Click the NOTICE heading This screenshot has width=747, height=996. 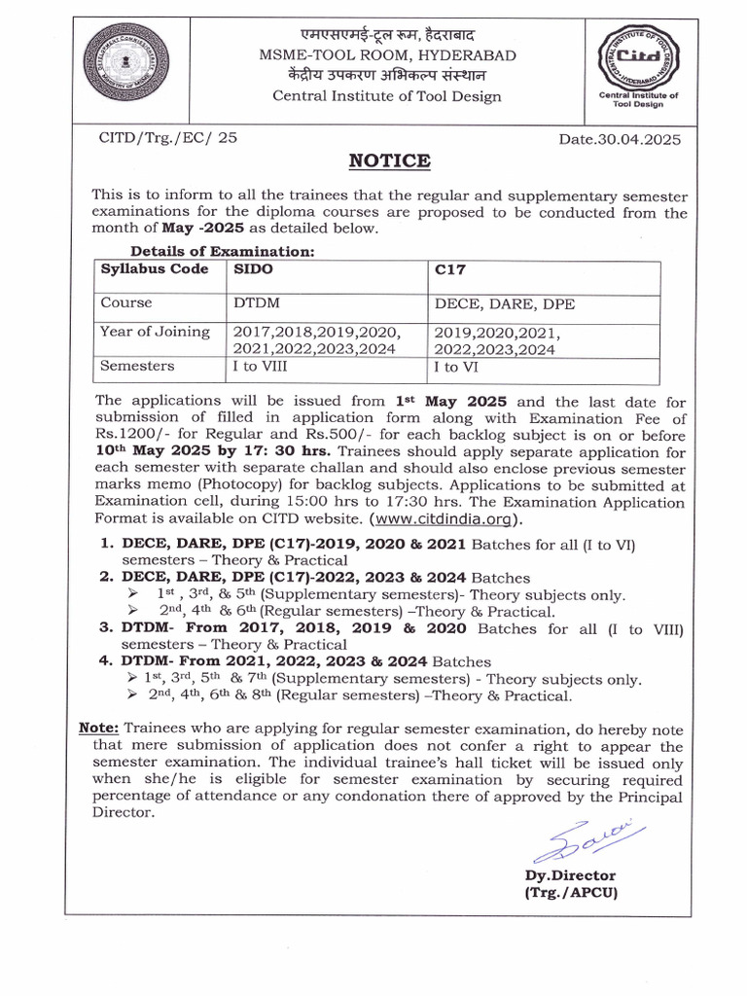click(388, 160)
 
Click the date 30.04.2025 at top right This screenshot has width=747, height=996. click(620, 139)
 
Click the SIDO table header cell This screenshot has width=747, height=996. click(254, 268)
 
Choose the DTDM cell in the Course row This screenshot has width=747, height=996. click(257, 303)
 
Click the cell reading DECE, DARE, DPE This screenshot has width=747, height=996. click(504, 303)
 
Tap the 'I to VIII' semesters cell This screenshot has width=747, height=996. click(261, 367)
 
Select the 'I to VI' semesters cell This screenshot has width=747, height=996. click(456, 367)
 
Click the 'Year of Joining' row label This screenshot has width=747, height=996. click(155, 332)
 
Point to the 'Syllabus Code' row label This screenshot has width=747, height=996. click(155, 268)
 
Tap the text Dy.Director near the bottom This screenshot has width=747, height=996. click(570, 875)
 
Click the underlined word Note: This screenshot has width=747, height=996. click(98, 729)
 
